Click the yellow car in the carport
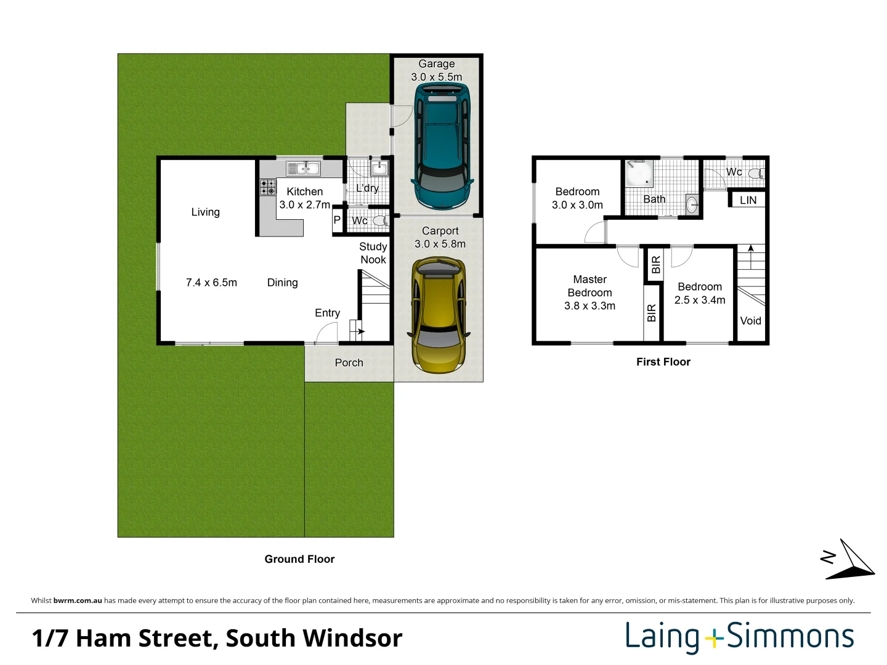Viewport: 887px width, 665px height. (x=439, y=315)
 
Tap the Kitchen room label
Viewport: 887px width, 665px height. (x=304, y=192)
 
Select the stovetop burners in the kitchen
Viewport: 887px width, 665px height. (x=267, y=187)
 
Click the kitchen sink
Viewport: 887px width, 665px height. (x=303, y=167)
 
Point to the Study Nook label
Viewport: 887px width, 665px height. (x=373, y=253)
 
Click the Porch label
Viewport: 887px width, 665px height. (x=349, y=363)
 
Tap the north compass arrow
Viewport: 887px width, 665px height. (x=851, y=560)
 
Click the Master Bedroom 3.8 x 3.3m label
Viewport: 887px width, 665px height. (x=589, y=292)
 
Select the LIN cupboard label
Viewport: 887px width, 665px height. (x=748, y=201)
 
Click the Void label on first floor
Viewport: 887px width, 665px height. (x=750, y=321)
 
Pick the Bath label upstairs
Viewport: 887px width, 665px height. (x=654, y=199)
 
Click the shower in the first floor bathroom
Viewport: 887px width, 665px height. (x=639, y=174)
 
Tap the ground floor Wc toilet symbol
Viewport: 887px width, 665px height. (x=379, y=221)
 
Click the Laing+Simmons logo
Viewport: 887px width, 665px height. (x=739, y=637)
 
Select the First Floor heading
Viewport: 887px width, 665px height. (x=663, y=362)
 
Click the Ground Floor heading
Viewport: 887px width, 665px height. (x=299, y=559)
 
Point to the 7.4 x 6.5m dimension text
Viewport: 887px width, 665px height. (x=211, y=283)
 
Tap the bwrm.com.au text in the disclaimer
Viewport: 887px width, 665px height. (x=78, y=600)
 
